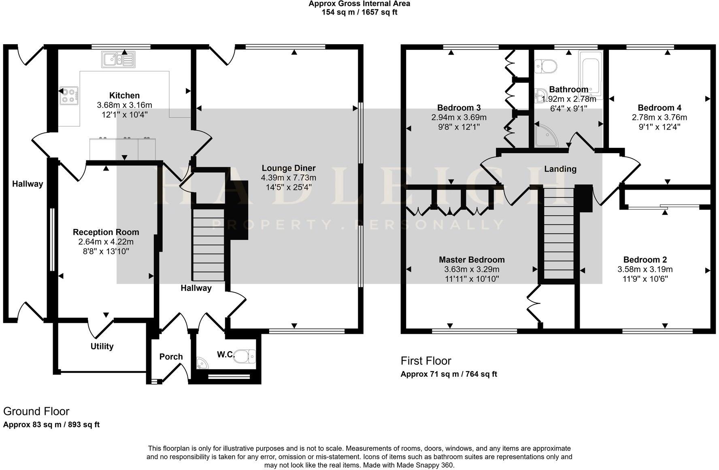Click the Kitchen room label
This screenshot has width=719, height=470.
pos(125,96)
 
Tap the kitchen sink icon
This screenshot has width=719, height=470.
pos(119,60)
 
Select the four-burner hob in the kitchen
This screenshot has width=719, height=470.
pos(69,96)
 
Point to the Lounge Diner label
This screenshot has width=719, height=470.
pos(289,168)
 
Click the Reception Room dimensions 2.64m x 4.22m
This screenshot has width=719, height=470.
pos(106,242)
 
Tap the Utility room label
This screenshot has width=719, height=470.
pos(102,346)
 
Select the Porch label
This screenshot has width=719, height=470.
pos(171,357)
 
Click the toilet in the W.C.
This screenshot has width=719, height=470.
pos(245,357)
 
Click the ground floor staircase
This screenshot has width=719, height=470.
pos(208,245)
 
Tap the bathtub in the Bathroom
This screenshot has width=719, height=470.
pos(591,75)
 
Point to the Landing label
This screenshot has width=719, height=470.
pos(560,169)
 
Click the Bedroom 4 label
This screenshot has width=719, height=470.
pos(659,108)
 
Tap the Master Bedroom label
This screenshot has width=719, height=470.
pos(472,260)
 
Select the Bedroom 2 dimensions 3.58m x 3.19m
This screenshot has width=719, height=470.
pos(645,269)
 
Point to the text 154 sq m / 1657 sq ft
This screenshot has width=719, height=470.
pos(359,12)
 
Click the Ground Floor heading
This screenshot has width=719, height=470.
pos(36,412)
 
